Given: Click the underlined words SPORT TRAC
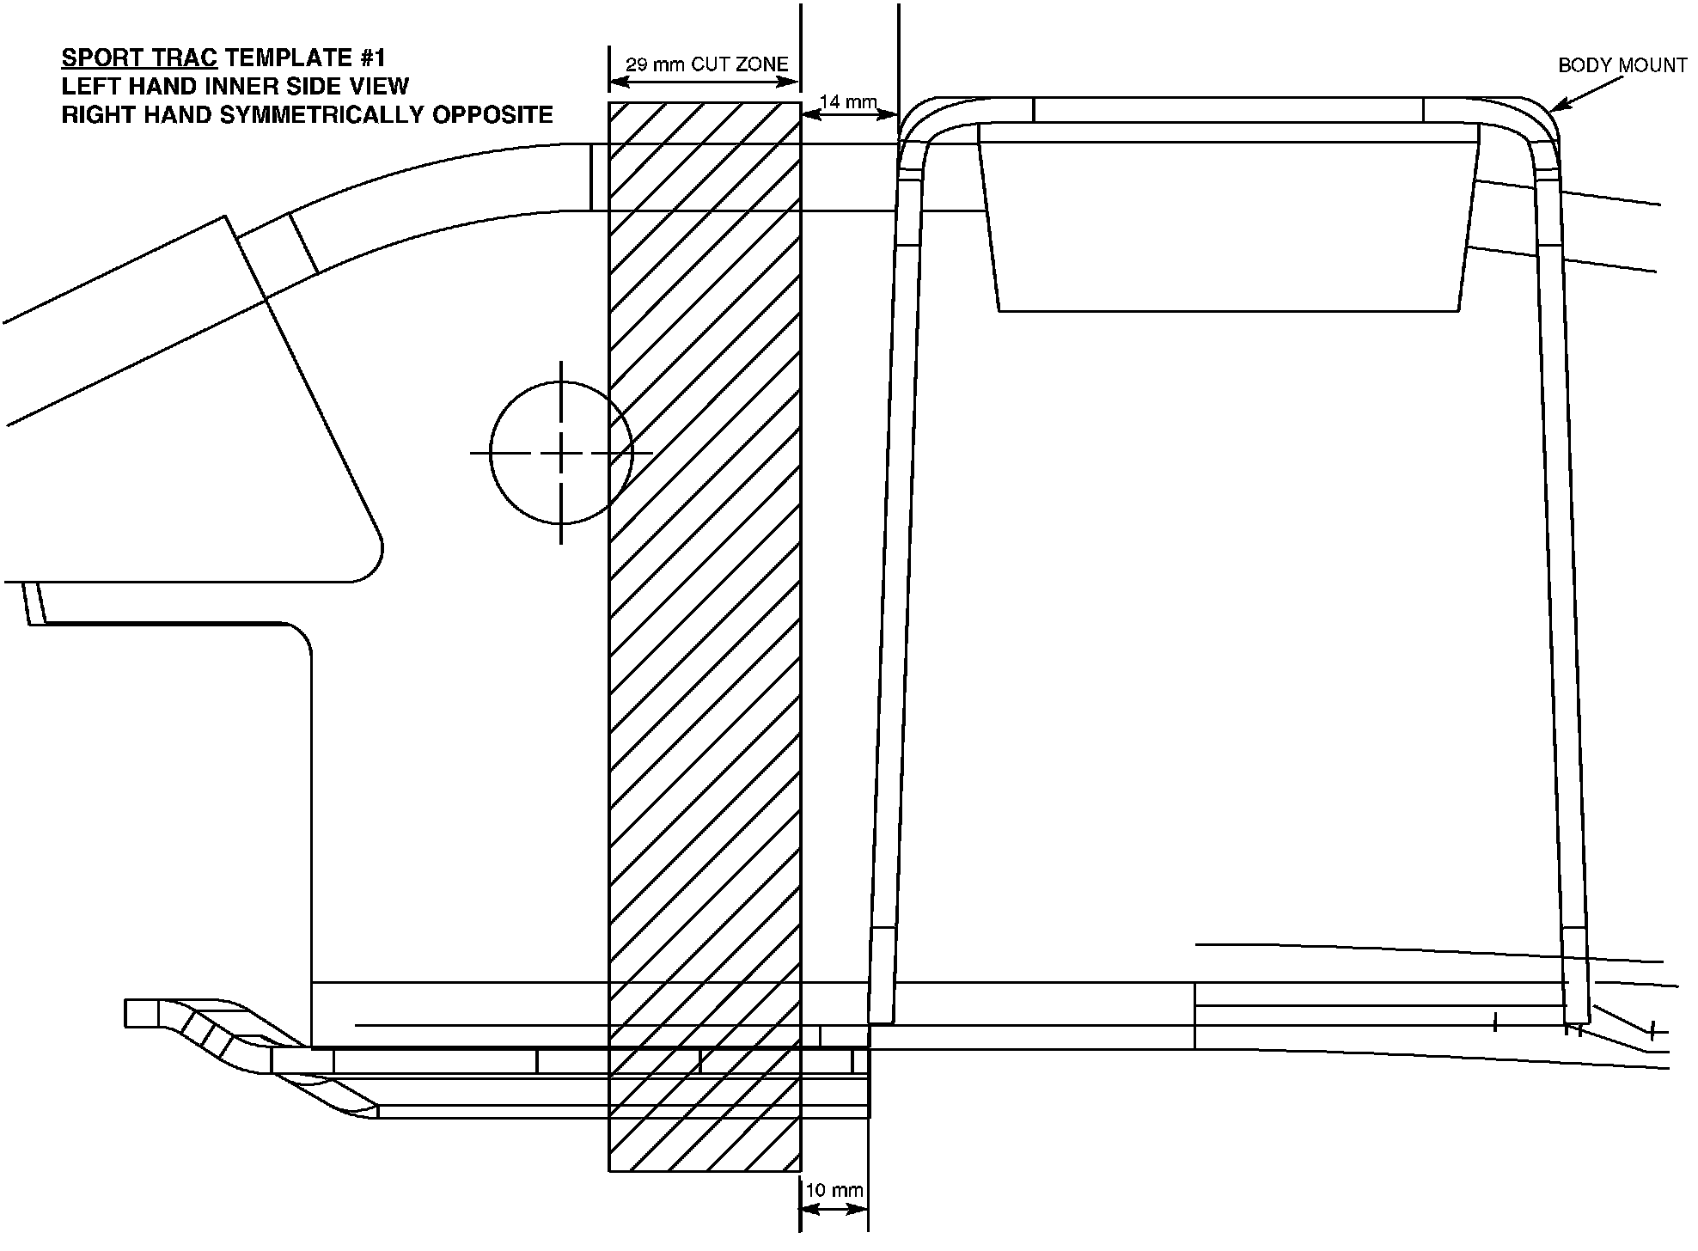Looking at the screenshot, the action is click(x=139, y=58).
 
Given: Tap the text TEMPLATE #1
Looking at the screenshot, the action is click(x=305, y=58).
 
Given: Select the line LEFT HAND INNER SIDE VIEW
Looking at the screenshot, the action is click(x=235, y=87).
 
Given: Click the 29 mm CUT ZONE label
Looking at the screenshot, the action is click(x=706, y=64).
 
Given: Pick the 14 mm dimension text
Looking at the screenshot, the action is click(x=848, y=102).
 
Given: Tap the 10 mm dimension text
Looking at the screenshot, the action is click(x=834, y=1190).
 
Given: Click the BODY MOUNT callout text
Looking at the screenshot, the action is click(x=1622, y=65).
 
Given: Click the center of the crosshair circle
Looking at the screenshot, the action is click(x=561, y=452).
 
